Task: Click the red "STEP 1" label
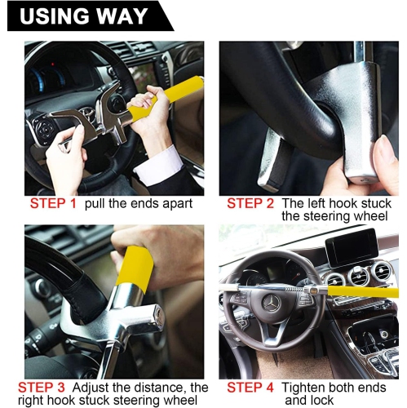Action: click(53, 203)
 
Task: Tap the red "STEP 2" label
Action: click(250, 203)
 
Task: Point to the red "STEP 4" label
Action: click(250, 387)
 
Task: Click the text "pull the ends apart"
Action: click(138, 203)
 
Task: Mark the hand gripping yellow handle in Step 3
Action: click(159, 249)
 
